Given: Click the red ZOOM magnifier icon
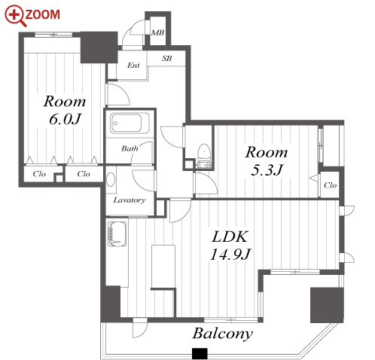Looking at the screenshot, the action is tap(15, 16).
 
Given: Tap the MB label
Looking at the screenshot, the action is tap(157, 32).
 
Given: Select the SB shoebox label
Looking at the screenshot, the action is tap(166, 59).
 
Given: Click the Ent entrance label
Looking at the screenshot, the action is tap(133, 66).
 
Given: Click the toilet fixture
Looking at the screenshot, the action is tap(203, 155).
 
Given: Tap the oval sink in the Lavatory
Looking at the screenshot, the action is tap(111, 179).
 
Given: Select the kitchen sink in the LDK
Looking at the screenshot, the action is tap(117, 234).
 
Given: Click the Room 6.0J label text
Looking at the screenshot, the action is tap(65, 110).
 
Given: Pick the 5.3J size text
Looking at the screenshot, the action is tap(267, 170).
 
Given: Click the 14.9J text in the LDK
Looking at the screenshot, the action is tap(230, 255).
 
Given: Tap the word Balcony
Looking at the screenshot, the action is tap(222, 334).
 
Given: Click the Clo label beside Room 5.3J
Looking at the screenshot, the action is tap(330, 185).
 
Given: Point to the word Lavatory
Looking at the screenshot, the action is tap(130, 200).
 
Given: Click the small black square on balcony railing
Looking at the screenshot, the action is tap(200, 353).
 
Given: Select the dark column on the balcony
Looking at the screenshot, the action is tap(327, 305).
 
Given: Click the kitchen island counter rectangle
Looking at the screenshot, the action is tap(163, 266).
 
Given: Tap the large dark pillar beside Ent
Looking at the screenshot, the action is tap(99, 47).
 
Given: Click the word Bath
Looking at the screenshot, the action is tap(130, 148).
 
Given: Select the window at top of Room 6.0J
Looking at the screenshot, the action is tap(53, 35).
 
